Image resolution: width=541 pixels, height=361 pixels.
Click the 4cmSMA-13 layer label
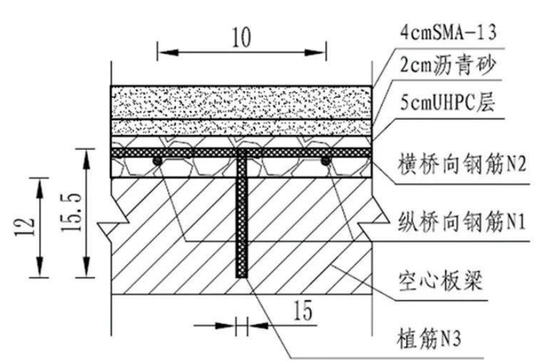[x=448, y=32]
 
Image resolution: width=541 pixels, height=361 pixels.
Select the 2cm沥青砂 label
[x=448, y=65]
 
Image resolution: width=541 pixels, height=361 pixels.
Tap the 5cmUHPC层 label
[x=448, y=102]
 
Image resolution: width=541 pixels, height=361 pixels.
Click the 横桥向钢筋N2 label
[x=462, y=164]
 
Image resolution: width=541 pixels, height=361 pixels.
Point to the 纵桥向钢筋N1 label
[x=461, y=221]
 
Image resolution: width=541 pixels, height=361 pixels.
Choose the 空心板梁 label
[x=440, y=282]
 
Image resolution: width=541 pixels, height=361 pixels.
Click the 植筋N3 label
[x=429, y=338]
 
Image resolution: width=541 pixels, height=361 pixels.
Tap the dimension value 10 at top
[x=242, y=37]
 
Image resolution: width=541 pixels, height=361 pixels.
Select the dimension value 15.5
[x=72, y=212]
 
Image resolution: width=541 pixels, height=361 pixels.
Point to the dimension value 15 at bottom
[x=303, y=310]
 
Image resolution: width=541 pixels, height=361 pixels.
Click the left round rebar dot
[x=157, y=161]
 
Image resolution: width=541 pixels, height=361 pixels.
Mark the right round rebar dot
[x=325, y=161]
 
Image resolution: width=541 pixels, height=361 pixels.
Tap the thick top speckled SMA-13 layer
[x=241, y=103]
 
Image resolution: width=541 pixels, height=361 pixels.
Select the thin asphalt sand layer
[x=241, y=128]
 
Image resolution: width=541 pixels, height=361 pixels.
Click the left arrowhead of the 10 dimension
[x=168, y=52]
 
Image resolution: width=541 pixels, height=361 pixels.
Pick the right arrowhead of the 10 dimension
[x=315, y=52]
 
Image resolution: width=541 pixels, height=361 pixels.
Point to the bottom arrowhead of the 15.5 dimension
[x=86, y=266]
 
